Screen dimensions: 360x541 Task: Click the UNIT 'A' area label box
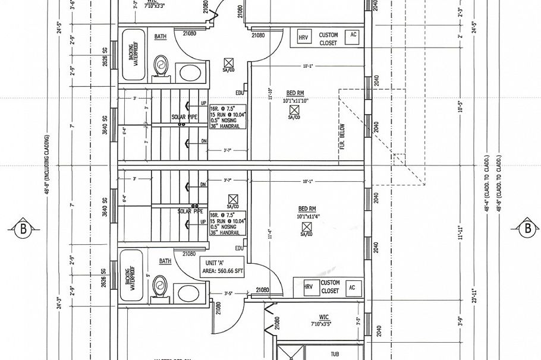click(222, 266)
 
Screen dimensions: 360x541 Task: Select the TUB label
click(335, 354)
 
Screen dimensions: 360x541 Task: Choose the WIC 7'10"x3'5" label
click(324, 321)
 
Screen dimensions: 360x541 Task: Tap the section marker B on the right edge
click(527, 227)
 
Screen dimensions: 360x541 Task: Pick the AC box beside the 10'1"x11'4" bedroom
click(352, 287)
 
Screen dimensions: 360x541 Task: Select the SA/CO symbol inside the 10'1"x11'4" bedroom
click(307, 228)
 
